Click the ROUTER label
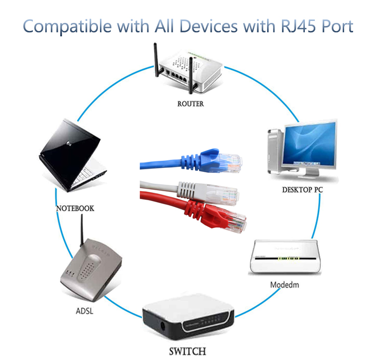point(190,104)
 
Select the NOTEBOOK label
point(75,208)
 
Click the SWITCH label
point(187,352)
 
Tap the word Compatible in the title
point(63,26)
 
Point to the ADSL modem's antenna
point(80,232)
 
